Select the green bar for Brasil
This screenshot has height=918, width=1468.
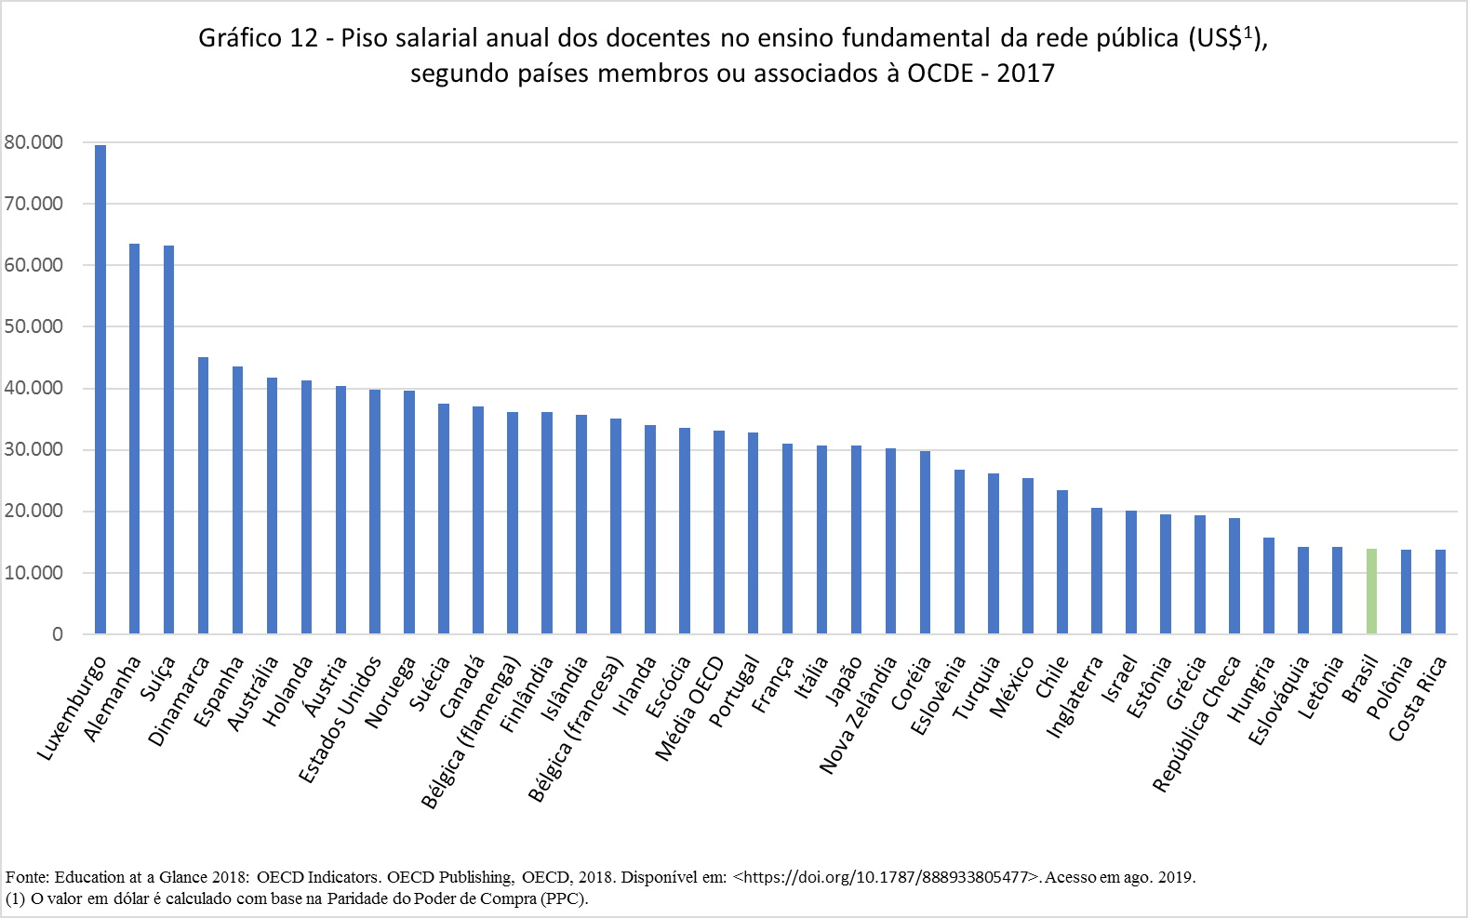[x=1371, y=592]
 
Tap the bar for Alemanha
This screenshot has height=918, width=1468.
[x=135, y=439]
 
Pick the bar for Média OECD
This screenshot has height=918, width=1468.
[x=719, y=532]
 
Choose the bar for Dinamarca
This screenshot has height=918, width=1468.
[x=203, y=496]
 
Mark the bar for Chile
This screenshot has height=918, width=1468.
[x=1062, y=562]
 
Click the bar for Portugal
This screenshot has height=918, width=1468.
[x=754, y=533]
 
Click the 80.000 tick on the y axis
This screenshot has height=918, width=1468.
[x=33, y=142]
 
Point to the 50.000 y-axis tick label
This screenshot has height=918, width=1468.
[x=33, y=326]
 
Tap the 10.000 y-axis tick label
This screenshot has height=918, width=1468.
[x=33, y=573]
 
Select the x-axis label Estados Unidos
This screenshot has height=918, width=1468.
[x=340, y=719]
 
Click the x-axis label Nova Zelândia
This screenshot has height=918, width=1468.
[x=859, y=714]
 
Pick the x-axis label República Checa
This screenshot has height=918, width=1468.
[x=1197, y=724]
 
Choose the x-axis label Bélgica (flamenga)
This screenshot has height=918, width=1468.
[x=471, y=732]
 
